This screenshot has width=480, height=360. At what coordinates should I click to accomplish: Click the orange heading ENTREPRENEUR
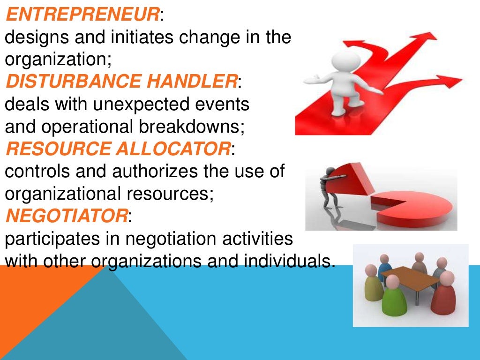(82, 15)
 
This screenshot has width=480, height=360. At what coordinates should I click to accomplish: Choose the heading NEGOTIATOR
(66, 217)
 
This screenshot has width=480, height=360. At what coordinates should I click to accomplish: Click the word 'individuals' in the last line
(281, 261)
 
